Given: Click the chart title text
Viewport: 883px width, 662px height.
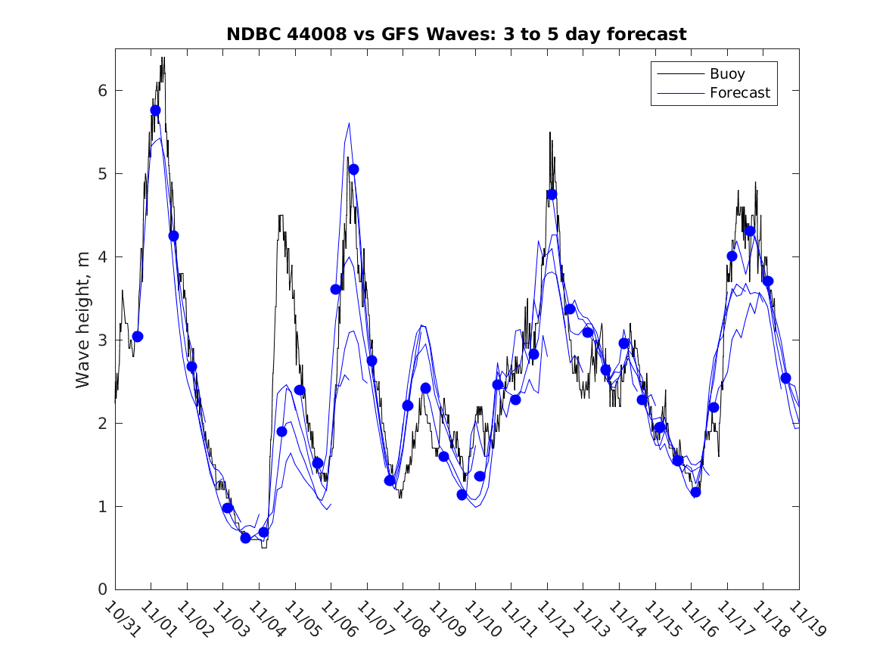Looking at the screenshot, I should [456, 35].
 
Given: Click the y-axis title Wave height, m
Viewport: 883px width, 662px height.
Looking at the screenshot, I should [84, 321].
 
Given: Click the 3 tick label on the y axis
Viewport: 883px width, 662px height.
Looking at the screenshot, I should [102, 340].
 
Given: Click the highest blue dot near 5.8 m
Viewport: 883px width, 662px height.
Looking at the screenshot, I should [155, 110].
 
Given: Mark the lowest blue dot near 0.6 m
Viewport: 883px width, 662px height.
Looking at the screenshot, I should [245, 538].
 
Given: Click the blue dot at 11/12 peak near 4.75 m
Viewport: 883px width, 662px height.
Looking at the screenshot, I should [552, 194].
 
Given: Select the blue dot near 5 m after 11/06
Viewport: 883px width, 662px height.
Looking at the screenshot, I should [353, 169].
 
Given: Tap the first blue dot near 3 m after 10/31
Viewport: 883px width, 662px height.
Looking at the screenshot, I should [137, 337].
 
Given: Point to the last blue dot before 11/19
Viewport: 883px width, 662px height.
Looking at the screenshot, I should [785, 378].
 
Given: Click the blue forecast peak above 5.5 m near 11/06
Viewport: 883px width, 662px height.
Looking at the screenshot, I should [349, 123].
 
